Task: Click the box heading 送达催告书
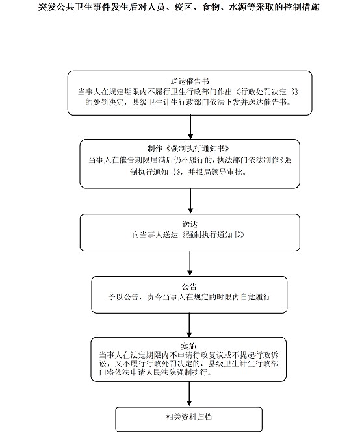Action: pos(190,81)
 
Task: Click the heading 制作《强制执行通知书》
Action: pos(189,149)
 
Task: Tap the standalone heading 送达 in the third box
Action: pos(190,224)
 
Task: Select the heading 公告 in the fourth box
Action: pos(189,286)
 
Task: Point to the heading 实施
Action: pos(188,346)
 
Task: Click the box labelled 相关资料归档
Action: pos(189,419)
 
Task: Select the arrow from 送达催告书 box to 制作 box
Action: pos(190,127)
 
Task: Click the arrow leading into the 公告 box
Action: pos(190,263)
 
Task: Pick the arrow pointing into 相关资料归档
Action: pos(189,394)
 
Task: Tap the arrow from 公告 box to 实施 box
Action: pos(189,325)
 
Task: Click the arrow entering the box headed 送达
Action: pos(190,201)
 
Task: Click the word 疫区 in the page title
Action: pos(183,7)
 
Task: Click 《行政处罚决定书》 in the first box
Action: pos(267,92)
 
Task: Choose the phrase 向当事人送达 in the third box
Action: pos(155,235)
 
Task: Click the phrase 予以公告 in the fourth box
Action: pos(123,297)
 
